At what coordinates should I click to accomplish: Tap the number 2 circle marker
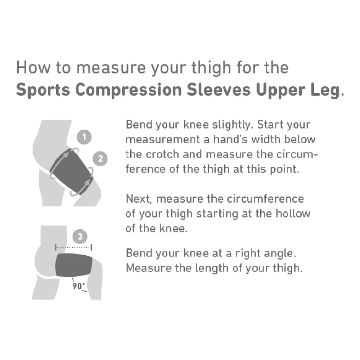(100, 158)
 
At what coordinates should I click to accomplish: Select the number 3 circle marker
(80, 237)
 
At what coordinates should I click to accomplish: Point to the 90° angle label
(79, 287)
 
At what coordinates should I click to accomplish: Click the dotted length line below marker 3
(73, 248)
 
